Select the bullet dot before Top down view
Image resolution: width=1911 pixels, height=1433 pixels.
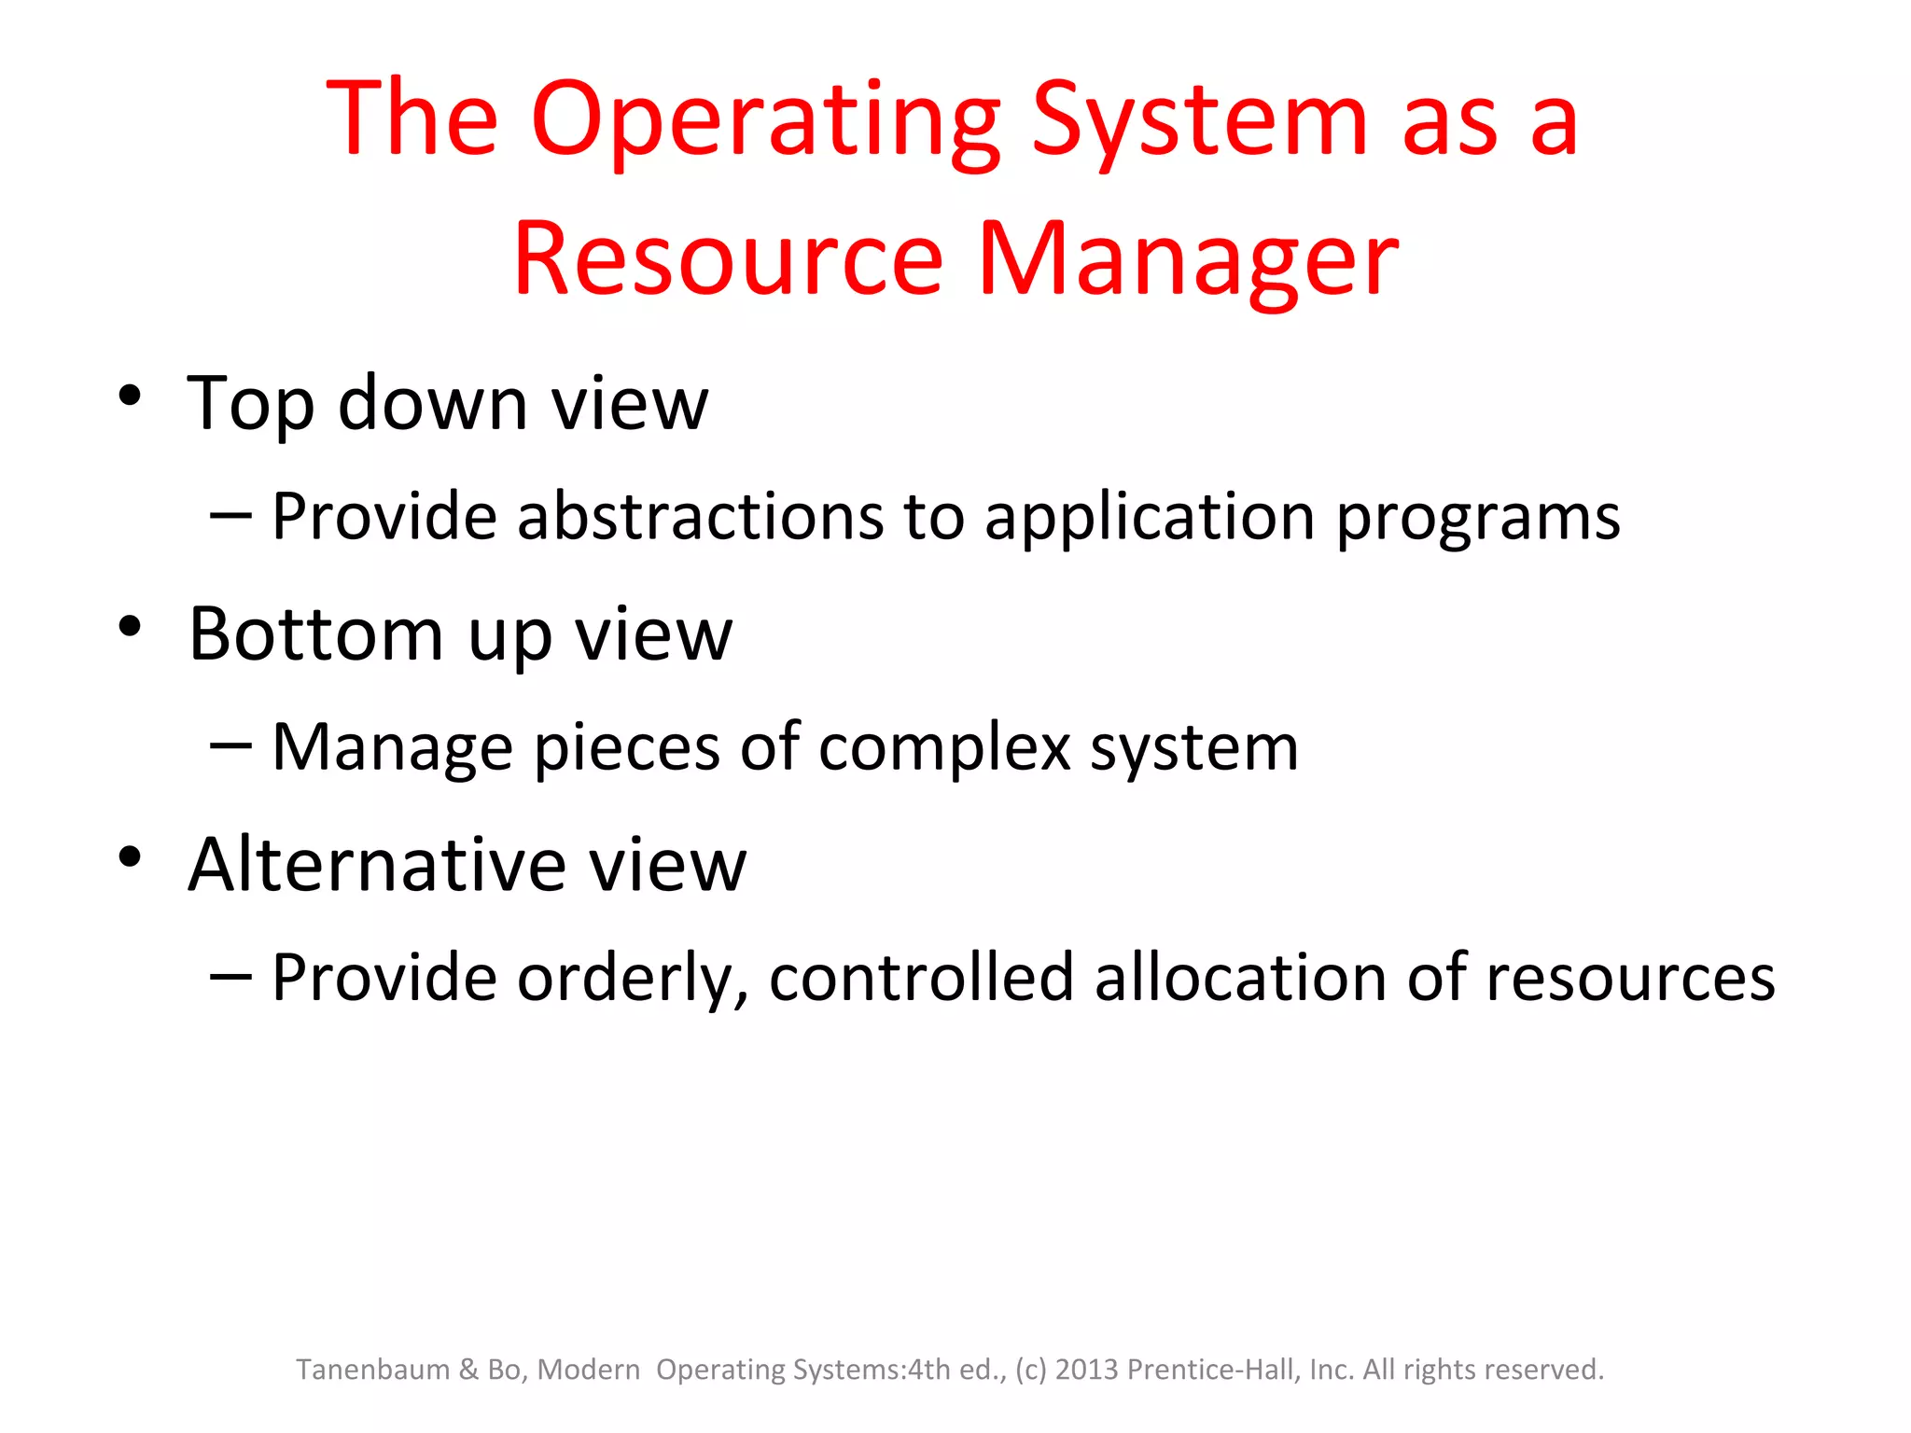(x=130, y=396)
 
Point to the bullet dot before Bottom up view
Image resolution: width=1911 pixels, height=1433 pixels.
(x=130, y=626)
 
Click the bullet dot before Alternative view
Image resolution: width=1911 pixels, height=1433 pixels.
(x=130, y=856)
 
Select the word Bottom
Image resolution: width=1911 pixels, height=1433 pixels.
(x=315, y=634)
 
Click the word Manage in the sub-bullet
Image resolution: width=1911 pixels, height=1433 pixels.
(x=392, y=748)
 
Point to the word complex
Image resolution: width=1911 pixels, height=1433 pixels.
(x=944, y=748)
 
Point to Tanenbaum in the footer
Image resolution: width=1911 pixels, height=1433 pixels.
(x=372, y=1370)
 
